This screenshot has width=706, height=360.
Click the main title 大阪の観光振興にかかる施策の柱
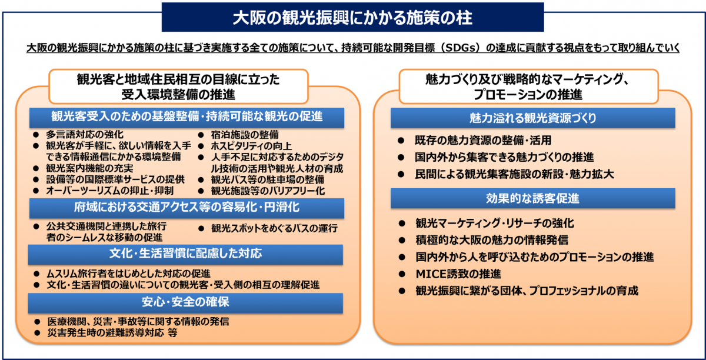(x=352, y=18)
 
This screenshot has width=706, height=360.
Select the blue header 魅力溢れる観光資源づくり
(x=532, y=118)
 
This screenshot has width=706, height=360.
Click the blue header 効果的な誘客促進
(x=532, y=198)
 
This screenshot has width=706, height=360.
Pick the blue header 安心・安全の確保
(x=185, y=302)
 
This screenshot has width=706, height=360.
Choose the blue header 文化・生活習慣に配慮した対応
(x=185, y=254)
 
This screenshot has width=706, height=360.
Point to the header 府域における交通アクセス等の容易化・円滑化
(x=187, y=208)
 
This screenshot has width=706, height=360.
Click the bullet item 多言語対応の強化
(x=85, y=135)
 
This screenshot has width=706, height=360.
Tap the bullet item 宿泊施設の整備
(x=245, y=135)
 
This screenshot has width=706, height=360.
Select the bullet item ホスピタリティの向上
(x=251, y=146)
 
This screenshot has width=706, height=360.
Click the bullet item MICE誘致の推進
(x=458, y=274)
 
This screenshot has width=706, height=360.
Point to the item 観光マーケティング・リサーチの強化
(x=495, y=224)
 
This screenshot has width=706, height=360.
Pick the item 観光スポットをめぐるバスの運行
(x=275, y=228)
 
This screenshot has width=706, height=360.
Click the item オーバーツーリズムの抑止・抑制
(x=109, y=191)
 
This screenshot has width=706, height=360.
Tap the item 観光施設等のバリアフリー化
(x=268, y=191)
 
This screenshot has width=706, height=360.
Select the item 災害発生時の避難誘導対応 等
(x=112, y=333)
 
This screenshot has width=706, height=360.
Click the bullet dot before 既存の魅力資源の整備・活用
(x=401, y=141)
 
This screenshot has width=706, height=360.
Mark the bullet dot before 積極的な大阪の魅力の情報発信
(x=401, y=241)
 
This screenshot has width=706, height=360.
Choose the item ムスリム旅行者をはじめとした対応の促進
(x=129, y=274)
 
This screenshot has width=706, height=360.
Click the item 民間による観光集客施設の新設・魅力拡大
(x=514, y=174)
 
